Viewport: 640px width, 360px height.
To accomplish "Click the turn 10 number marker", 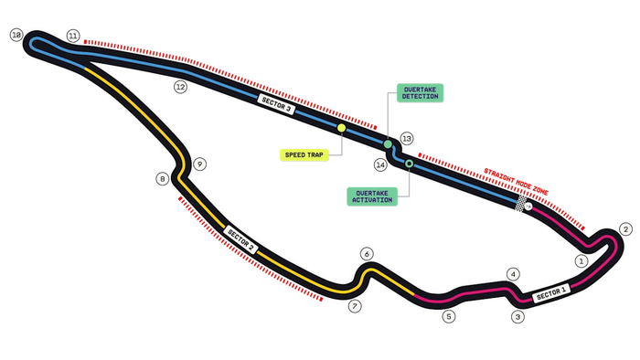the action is click(x=16, y=35).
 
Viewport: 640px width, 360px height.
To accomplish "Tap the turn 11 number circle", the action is click(x=72, y=36).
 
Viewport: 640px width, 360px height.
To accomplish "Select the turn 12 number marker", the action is click(x=180, y=87).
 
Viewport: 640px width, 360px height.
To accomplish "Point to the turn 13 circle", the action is click(x=407, y=139).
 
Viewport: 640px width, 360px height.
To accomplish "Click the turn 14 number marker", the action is click(x=380, y=164).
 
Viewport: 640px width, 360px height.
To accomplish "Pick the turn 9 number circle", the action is click(x=199, y=164).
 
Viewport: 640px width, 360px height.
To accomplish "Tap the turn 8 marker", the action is click(x=163, y=178).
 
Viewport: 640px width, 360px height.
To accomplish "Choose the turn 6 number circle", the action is click(x=367, y=254).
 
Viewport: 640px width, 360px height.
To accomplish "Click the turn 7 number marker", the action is click(x=355, y=306).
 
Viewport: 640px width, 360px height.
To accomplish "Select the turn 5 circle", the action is click(x=449, y=316).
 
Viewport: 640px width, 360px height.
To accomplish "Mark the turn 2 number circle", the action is click(x=625, y=229).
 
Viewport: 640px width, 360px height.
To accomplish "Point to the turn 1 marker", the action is click(x=581, y=261).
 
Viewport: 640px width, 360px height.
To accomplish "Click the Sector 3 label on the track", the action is click(x=276, y=104).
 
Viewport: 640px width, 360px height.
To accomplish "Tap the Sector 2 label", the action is click(x=240, y=239).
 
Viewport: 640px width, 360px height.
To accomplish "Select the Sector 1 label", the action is click(x=551, y=293).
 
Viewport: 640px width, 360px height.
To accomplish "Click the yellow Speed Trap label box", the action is click(x=304, y=155).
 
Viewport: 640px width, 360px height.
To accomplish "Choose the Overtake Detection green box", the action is click(x=420, y=93).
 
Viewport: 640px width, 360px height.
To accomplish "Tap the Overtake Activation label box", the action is click(x=372, y=196).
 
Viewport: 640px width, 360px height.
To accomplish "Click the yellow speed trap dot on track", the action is click(x=342, y=128).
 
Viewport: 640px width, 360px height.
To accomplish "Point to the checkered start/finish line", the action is click(x=521, y=203).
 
